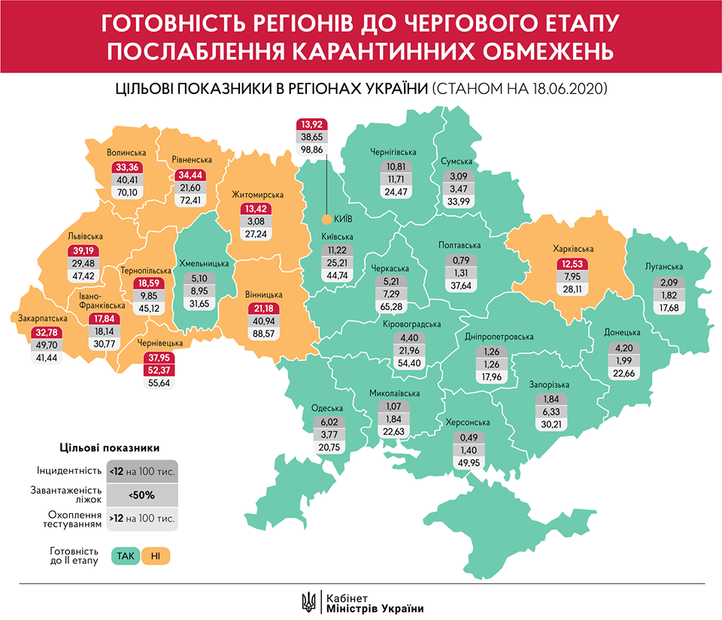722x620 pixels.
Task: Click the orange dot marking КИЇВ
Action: [x=326, y=219]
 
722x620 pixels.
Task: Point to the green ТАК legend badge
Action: [x=124, y=556]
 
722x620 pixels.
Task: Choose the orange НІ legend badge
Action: [x=155, y=556]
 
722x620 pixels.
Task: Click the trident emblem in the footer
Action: [x=308, y=601]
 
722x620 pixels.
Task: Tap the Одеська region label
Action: [x=326, y=409]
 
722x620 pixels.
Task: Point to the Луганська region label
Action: [x=663, y=267]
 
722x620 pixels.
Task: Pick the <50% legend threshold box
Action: [x=141, y=495]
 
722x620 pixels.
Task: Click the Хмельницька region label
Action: [x=204, y=264]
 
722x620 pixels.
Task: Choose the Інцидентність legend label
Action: [x=69, y=471]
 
